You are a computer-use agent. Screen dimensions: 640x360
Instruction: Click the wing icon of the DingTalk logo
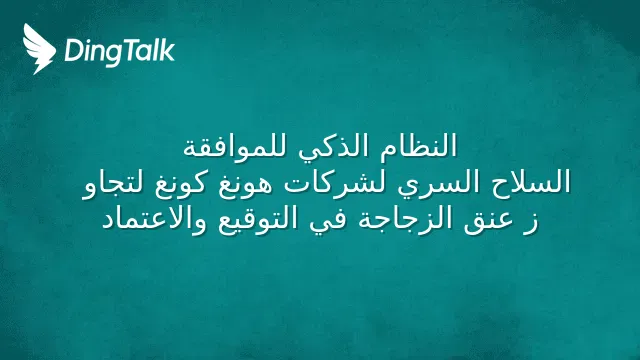point(39,49)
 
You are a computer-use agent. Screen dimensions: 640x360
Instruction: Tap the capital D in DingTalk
point(73,50)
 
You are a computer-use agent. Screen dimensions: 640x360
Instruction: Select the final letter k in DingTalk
point(168,50)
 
